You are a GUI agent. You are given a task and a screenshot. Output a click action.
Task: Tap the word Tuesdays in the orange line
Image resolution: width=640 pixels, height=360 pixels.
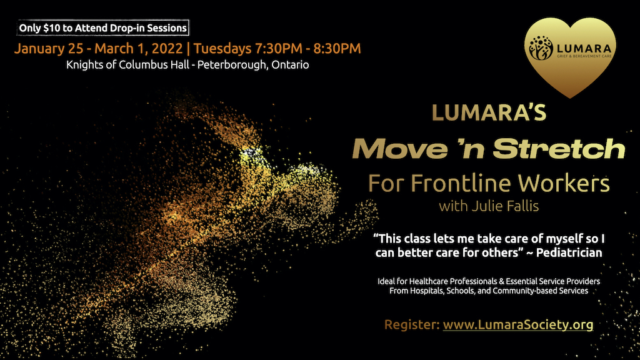(x=222, y=49)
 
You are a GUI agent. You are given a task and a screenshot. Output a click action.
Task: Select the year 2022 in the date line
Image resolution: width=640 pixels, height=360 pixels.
(x=167, y=48)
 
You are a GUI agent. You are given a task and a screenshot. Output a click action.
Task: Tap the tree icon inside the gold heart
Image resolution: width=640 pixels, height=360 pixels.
(x=541, y=48)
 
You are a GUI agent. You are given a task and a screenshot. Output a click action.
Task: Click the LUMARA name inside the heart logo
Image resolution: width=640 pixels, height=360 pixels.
(x=584, y=49)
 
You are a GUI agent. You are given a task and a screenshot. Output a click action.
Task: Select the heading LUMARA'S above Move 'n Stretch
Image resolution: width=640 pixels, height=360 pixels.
(x=489, y=113)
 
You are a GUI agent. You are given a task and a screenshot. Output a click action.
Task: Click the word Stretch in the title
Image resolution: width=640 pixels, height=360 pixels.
(x=559, y=149)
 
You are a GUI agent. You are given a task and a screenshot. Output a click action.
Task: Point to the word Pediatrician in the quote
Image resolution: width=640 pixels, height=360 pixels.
(x=569, y=252)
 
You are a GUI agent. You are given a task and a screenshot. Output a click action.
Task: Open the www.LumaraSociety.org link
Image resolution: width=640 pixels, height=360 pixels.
(x=518, y=324)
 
